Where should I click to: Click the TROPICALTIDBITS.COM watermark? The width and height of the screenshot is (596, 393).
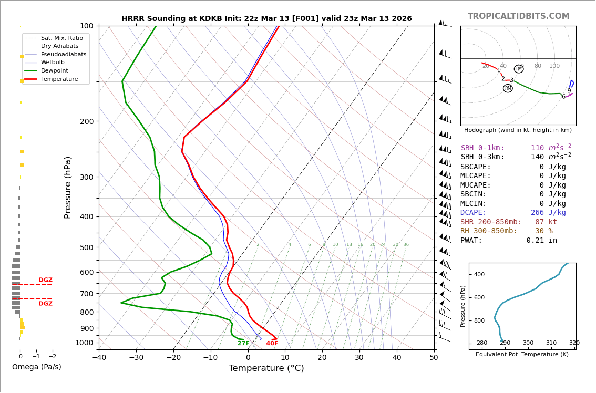pos(518,16)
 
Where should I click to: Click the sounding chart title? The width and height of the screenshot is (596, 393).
pos(266,18)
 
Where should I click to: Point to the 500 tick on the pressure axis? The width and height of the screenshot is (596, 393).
pos(86,247)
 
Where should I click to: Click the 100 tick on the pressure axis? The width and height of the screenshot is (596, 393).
pos(86,26)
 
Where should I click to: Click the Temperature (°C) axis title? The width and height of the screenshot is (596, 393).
pos(266,368)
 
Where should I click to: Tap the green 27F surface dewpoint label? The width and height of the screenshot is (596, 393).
pos(243,344)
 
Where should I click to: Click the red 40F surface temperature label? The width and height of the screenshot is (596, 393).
pos(272,344)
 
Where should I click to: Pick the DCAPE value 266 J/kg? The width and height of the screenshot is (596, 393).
pos(548,213)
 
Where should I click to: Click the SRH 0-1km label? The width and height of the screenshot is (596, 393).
pos(482,148)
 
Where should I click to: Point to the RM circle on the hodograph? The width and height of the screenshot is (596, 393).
pos(508,88)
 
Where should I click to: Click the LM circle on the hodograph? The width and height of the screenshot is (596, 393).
pos(519,69)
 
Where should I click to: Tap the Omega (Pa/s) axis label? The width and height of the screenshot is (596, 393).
pos(36,367)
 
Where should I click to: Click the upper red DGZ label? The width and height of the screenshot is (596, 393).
pos(45,280)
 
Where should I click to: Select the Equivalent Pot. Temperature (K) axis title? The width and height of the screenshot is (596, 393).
pos(522,355)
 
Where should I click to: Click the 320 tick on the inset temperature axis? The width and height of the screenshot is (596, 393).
pos(574,343)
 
